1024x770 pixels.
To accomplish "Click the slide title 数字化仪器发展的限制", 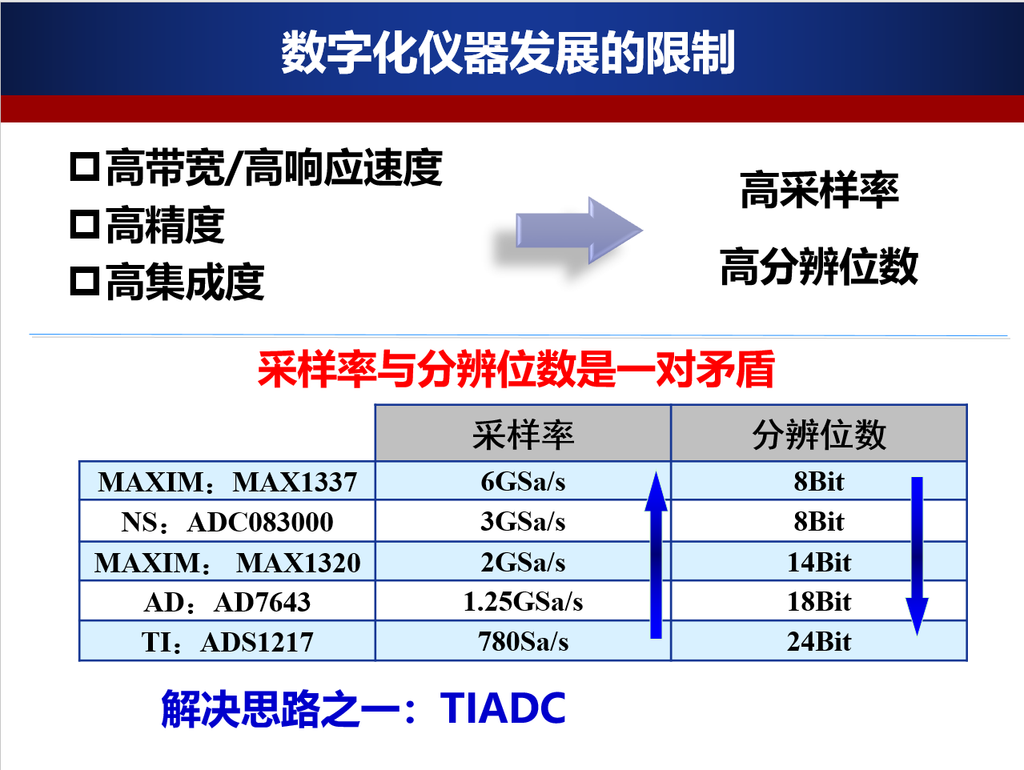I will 508,53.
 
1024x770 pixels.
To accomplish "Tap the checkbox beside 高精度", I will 84,225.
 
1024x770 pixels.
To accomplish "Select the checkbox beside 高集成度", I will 84,282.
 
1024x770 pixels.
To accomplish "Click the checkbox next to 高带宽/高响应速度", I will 84,167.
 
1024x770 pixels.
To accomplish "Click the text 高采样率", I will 819,190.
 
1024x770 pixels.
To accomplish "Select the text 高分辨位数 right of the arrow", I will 818,267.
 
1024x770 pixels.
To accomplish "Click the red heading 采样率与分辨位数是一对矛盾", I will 516,369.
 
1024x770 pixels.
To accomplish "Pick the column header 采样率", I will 523,435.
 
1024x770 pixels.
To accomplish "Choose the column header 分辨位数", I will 818,435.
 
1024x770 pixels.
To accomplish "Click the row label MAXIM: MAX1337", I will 227,482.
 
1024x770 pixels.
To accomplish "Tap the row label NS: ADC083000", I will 227,522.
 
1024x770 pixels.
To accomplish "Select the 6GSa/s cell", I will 523,482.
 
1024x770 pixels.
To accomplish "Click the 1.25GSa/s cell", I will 523,602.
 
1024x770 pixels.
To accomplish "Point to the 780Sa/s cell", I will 523,642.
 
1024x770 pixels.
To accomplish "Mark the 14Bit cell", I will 818,562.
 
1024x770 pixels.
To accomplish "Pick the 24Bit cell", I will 818,642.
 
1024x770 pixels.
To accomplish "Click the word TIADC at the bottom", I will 503,708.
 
